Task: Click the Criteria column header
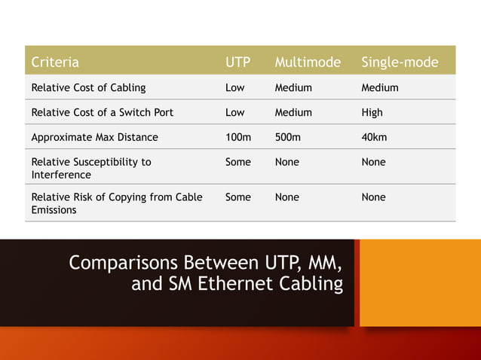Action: pos(55,62)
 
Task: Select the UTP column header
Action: pos(238,62)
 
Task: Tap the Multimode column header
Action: pos(308,62)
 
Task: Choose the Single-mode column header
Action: pos(400,62)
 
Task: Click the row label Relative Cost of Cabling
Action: pos(88,87)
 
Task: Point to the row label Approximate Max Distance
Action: pos(94,137)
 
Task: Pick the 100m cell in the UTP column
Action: pos(238,137)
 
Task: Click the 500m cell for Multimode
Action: pos(287,137)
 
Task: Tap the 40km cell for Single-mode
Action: pos(375,137)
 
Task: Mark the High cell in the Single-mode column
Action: pos(372,112)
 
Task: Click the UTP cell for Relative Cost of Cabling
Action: pos(235,87)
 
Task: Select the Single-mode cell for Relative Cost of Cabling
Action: pos(380,87)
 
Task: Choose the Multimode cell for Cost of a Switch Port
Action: pos(293,112)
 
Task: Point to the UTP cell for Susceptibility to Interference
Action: pos(238,162)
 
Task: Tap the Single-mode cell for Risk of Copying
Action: pos(373,197)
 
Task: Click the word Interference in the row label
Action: pos(61,175)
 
